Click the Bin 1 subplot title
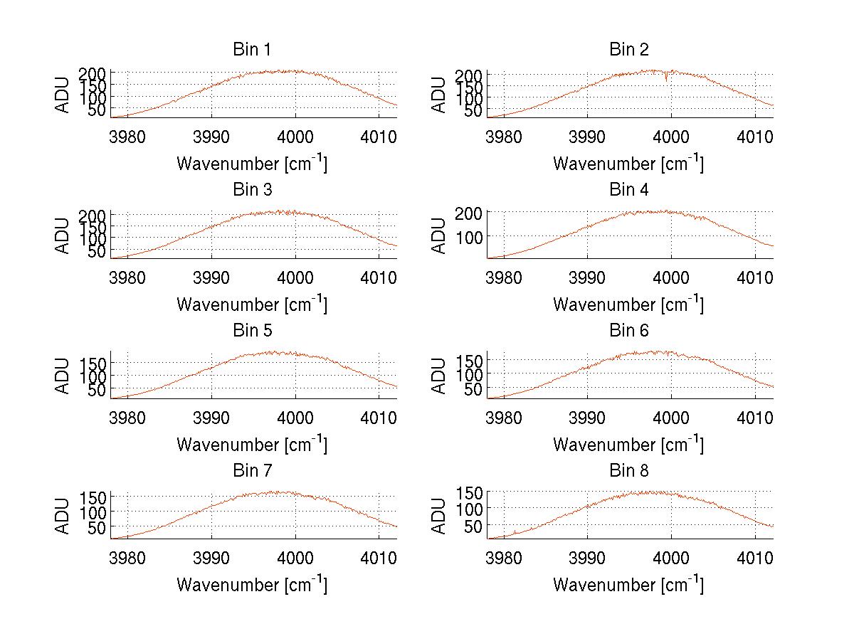252,50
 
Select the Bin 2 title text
628,50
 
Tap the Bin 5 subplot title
252,331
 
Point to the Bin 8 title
628,471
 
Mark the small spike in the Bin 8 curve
515,531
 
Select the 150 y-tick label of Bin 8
470,492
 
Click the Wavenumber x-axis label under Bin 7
252,585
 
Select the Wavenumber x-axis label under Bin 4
628,304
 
